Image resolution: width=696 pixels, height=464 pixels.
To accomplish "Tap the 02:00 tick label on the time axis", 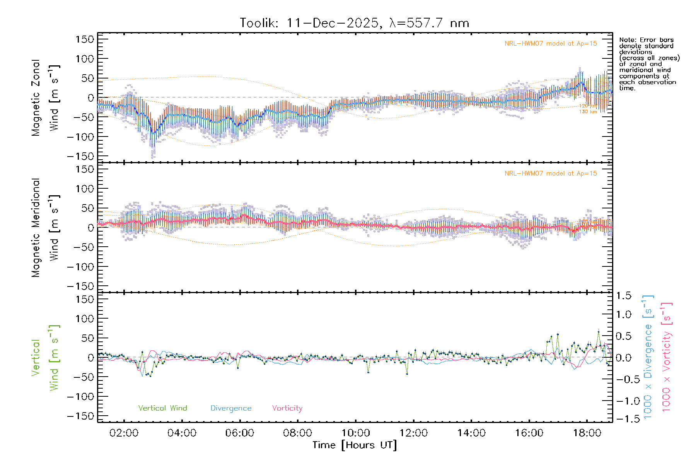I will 124,433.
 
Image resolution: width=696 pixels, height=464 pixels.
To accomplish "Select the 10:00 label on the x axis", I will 355,433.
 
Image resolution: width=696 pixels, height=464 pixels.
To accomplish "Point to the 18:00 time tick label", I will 587,433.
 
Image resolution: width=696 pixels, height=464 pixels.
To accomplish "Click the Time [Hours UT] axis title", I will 355,445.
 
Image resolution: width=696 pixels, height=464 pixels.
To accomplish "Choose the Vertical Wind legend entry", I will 162,408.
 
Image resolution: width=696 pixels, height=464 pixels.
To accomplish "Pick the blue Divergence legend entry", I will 231,408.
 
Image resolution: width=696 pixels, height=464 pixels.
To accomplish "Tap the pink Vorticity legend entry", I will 287,408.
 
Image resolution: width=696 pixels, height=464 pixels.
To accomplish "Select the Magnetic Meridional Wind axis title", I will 46,227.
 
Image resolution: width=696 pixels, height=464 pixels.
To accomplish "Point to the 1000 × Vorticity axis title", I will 667,357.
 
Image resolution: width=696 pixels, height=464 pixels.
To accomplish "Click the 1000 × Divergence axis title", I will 648,357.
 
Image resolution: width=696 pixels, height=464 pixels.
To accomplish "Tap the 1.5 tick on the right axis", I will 623,296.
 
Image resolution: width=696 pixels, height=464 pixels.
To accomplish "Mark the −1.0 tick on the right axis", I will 623,401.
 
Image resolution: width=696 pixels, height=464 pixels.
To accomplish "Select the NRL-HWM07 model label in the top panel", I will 551,44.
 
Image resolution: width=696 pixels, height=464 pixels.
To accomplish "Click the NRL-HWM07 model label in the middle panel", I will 551,174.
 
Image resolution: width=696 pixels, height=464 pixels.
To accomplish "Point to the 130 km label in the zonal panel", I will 588,112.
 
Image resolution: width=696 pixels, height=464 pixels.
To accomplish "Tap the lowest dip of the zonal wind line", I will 154,133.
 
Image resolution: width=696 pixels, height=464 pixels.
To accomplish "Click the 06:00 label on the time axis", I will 240,433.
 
